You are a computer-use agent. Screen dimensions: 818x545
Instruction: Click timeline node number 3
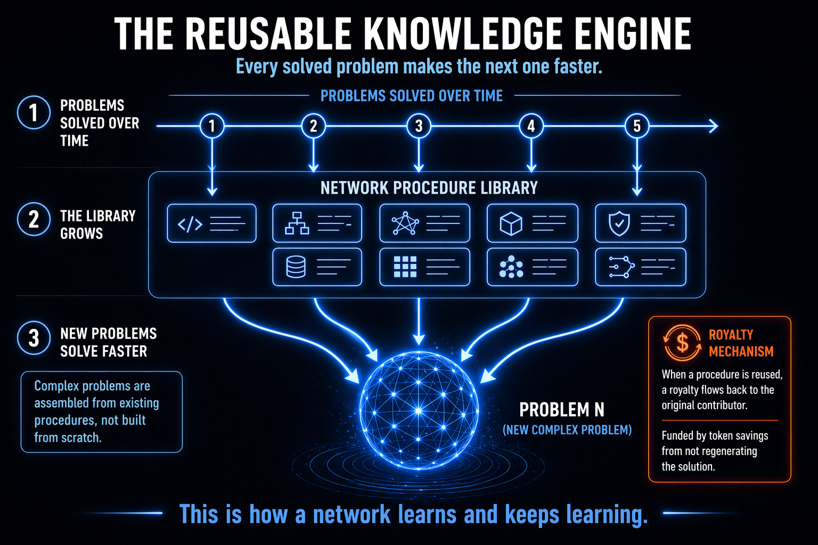[419, 126]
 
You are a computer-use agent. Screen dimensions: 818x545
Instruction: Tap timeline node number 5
[637, 126]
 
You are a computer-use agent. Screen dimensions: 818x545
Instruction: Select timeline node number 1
[212, 126]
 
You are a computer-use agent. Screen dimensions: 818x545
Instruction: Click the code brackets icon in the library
[190, 224]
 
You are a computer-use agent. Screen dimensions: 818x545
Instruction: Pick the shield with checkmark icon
[619, 224]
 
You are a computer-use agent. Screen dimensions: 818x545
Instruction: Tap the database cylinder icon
[296, 267]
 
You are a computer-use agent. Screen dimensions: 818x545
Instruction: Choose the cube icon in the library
[511, 224]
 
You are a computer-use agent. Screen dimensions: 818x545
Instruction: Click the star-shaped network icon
[405, 223]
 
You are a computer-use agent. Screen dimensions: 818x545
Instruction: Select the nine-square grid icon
[405, 267]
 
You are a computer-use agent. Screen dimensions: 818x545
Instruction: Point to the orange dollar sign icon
[682, 343]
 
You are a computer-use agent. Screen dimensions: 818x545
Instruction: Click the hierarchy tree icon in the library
[297, 223]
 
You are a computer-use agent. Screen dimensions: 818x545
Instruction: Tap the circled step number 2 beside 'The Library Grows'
[34, 219]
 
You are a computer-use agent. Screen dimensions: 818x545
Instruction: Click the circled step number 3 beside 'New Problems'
[34, 337]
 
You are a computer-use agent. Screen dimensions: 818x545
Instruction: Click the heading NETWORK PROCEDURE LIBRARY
[429, 188]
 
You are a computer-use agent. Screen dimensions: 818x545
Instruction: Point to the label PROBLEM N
[562, 410]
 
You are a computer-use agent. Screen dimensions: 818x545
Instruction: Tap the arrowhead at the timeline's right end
[714, 126]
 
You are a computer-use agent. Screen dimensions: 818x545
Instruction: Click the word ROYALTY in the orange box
[731, 334]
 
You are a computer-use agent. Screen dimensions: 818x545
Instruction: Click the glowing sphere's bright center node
[419, 411]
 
